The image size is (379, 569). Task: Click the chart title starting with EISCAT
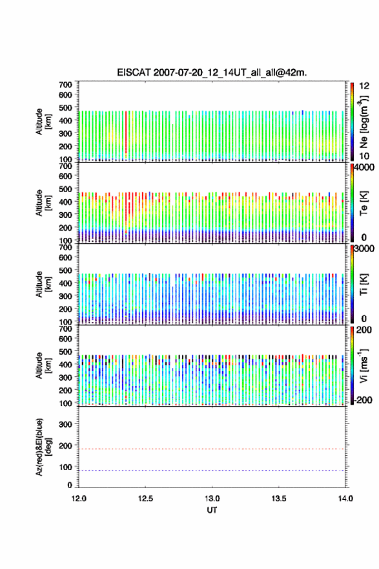point(212,72)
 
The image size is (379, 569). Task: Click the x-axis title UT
point(212,510)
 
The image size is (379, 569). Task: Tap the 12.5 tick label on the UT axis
point(145,499)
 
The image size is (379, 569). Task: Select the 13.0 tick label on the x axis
point(212,499)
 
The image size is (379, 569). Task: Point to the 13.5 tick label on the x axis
point(279,499)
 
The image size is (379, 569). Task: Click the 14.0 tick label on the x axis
point(345,499)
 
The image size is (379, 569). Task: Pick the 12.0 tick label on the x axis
point(79,499)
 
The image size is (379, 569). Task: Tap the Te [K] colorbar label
point(364,203)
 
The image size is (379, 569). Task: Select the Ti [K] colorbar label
point(364,284)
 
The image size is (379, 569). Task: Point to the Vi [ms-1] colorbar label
point(364,365)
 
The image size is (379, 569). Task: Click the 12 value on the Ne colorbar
point(364,86)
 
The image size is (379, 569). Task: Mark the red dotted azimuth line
point(212,449)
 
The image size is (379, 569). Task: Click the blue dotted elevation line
point(212,470)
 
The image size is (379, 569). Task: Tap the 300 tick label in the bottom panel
point(65,424)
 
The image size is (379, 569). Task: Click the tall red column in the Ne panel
point(126,133)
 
